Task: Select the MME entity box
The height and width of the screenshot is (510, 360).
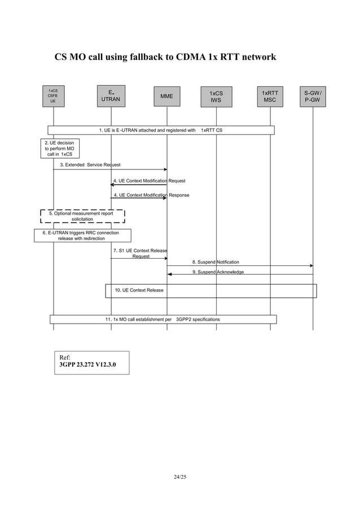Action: point(166,97)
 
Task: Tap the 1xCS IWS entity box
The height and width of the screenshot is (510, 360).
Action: point(216,97)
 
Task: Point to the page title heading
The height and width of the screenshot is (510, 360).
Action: point(165,57)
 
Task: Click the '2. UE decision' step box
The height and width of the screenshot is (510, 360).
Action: point(59,149)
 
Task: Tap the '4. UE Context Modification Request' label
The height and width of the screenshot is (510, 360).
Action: point(149,181)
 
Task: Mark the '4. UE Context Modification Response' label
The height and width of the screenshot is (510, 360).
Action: point(151,195)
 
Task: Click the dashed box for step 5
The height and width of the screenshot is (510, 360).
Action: point(82,216)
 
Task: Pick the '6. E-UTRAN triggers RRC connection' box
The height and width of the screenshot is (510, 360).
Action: point(82,235)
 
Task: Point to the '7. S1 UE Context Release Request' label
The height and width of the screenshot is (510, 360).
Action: point(140,252)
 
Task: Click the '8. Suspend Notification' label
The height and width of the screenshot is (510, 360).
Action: point(215,262)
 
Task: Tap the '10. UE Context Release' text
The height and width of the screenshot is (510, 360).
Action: point(139,290)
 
